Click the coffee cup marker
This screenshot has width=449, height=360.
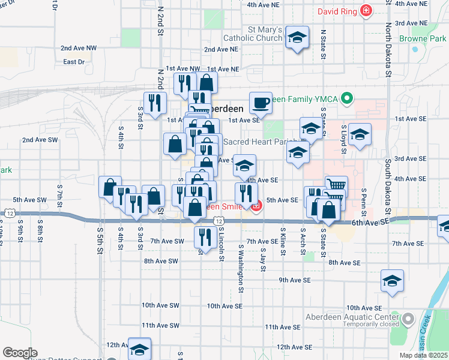pos(261,103)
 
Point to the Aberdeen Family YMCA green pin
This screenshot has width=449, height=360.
pos(346,98)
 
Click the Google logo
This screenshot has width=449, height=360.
pos(20,352)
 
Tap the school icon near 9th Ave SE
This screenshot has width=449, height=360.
pos(392,281)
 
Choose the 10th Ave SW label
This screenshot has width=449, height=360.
pos(160,305)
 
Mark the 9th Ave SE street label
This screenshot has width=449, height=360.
pos(294,280)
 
